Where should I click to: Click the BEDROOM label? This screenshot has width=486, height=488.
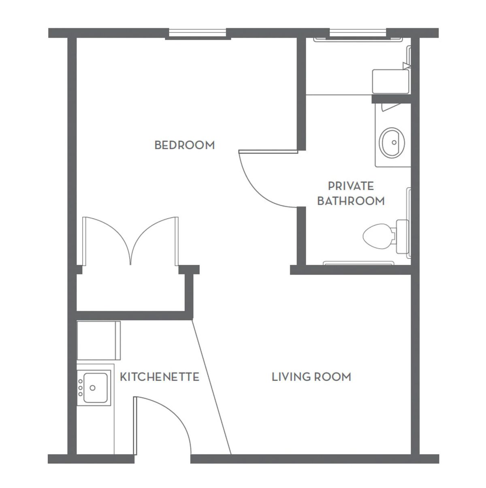(185, 145)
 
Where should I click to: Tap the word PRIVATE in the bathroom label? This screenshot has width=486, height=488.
(351, 186)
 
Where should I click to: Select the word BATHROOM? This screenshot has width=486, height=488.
(351, 201)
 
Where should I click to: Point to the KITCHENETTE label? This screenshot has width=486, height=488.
(160, 377)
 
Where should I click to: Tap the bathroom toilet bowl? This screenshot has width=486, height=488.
(377, 236)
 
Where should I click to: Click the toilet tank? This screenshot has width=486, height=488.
(402, 236)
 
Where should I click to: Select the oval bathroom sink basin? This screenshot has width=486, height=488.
(392, 143)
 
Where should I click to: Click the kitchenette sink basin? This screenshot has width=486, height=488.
(96, 388)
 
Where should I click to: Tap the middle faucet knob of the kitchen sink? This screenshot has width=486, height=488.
(81, 388)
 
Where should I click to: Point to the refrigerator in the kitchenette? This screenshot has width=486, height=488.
(98, 340)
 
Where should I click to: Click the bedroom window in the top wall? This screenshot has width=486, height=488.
(198, 33)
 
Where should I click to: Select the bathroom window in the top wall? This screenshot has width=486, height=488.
(358, 33)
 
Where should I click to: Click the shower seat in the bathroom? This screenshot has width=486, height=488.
(391, 81)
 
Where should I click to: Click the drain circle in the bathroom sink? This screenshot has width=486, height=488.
(394, 142)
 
